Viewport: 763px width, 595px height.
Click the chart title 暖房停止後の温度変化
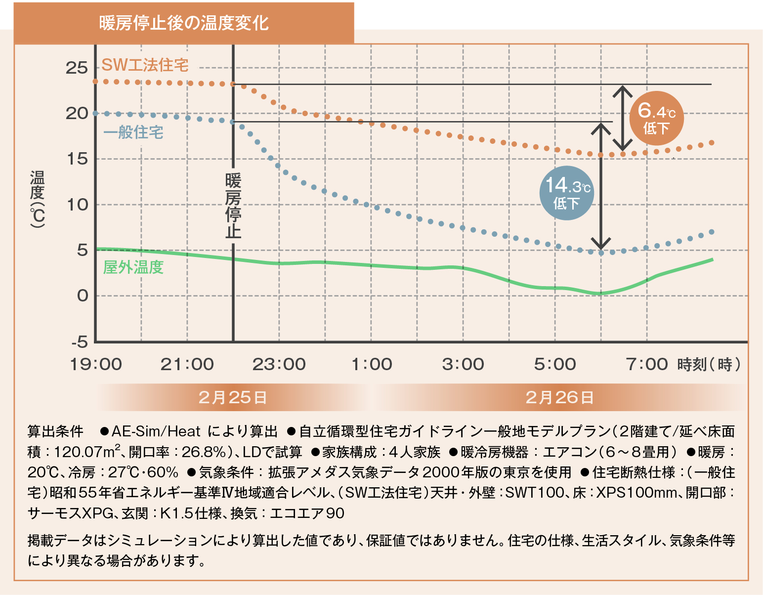tap(184, 23)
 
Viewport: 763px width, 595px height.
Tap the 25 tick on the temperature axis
tap(77, 68)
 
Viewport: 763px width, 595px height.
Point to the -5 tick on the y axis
tap(79, 342)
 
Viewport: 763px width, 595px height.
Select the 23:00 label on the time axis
tap(279, 365)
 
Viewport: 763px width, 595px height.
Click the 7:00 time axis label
tap(646, 365)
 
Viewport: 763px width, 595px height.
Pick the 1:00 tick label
tap(372, 365)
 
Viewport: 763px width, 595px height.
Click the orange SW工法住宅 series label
tap(145, 65)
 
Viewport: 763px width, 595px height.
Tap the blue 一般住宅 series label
tap(133, 132)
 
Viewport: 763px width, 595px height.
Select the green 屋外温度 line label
tap(133, 267)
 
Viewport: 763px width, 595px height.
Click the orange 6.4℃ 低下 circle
tap(656, 118)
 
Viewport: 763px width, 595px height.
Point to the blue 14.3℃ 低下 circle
tap(566, 193)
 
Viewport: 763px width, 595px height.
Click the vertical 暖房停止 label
tap(233, 206)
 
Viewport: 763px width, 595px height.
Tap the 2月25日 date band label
tap(232, 397)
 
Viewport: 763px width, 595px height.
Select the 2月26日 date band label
tap(559, 397)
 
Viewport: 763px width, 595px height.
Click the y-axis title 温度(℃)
tap(38, 199)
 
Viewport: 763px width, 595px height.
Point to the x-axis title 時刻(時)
tap(709, 365)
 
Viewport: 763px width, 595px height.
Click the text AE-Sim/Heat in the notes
tap(156, 431)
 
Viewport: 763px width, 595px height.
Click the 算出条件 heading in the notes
tap(55, 431)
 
